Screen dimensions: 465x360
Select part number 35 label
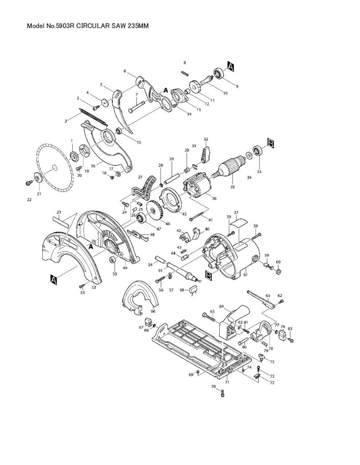pos(232,186)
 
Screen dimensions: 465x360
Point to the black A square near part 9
pos(231,67)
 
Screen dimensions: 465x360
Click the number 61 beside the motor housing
pos(245,274)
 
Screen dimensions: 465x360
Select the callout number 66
pos(153,311)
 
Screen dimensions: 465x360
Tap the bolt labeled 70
pos(222,394)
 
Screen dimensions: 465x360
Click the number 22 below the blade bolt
pos(30,199)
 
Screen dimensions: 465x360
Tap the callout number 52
pos(94,287)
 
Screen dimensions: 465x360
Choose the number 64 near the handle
pos(222,307)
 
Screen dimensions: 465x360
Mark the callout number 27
pos(140,177)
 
